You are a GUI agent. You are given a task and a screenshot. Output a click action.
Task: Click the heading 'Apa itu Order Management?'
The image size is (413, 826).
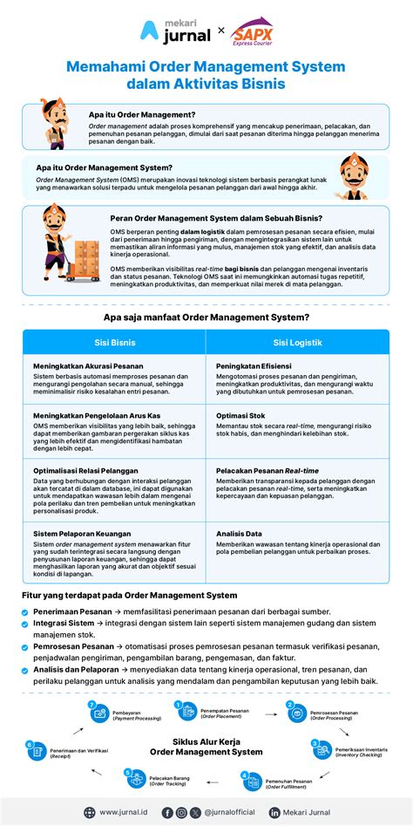(x=142, y=114)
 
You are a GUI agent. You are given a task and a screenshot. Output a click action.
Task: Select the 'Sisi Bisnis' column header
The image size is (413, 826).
(x=115, y=343)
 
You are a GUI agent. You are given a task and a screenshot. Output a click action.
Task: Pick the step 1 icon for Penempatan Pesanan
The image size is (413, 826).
(x=187, y=710)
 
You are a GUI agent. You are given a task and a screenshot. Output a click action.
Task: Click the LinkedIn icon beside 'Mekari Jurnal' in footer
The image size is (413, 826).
(x=274, y=813)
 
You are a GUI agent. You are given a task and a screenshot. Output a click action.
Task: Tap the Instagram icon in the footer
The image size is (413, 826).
(x=180, y=813)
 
